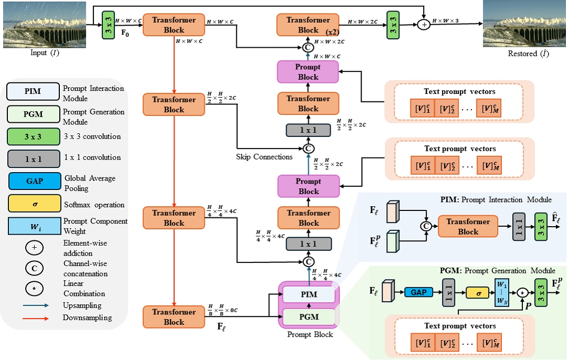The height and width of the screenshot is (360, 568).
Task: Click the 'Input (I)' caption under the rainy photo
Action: coord(45,53)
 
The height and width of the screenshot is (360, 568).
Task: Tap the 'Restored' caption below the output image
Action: coord(522,54)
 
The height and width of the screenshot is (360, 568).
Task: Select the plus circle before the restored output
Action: coord(424,25)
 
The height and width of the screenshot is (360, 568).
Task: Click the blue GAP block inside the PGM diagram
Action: coord(418,292)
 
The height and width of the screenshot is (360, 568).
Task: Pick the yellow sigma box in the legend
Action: coord(35,204)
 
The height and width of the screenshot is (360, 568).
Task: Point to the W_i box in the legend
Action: coord(35,226)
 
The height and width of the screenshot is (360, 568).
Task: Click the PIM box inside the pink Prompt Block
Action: coord(309,294)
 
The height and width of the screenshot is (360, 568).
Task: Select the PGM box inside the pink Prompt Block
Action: coord(309,317)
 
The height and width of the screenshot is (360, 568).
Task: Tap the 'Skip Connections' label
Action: coord(264,157)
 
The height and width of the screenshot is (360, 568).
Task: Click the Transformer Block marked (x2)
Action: coord(308,25)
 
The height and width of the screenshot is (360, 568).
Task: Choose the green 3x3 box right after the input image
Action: coord(108,25)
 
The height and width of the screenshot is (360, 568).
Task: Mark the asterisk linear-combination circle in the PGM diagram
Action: coord(522,292)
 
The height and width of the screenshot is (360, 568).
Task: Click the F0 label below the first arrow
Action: coord(125,33)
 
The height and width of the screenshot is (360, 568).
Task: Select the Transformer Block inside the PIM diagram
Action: coord(468,226)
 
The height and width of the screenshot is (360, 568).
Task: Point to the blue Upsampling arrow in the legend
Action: coord(36,305)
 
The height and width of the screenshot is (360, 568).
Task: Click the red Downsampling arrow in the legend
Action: coord(36,319)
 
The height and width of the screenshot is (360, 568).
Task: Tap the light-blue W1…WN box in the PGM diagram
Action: coord(502,292)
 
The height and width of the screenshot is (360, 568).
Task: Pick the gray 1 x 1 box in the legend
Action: coord(34,158)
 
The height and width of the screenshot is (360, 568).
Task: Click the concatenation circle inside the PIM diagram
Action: coord(426,226)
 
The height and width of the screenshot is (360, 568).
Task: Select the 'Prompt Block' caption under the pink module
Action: coord(310,334)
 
